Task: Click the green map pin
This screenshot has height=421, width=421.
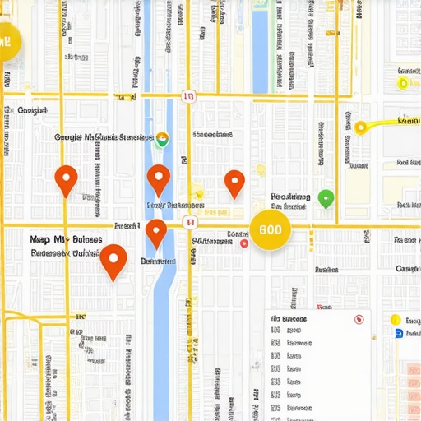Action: pyautogui.click(x=326, y=197)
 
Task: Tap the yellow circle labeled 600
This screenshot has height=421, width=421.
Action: pyautogui.click(x=271, y=229)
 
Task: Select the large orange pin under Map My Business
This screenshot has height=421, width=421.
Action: pyautogui.click(x=113, y=261)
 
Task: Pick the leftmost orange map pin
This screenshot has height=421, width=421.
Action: pyautogui.click(x=66, y=179)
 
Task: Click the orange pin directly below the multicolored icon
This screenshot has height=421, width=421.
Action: pyautogui.click(x=159, y=178)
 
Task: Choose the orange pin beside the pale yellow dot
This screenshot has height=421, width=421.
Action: pyautogui.click(x=235, y=183)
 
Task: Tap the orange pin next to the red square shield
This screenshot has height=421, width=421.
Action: pyautogui.click(x=156, y=233)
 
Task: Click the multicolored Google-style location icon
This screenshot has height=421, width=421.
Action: pyautogui.click(x=162, y=139)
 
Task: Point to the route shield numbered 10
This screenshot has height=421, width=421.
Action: pyautogui.click(x=189, y=96)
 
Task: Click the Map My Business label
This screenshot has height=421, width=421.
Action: pyautogui.click(x=66, y=239)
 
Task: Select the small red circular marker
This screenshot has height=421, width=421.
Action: pyautogui.click(x=244, y=243)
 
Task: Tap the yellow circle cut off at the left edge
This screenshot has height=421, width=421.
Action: pyautogui.click(x=7, y=41)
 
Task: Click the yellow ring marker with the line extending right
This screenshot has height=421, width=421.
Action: pyautogui.click(x=360, y=127)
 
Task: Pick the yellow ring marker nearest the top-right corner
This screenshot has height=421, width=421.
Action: pyautogui.click(x=403, y=83)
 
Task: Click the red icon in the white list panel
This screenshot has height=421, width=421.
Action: pyautogui.click(x=358, y=319)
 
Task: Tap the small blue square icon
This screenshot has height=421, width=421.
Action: pyautogui.click(x=399, y=333)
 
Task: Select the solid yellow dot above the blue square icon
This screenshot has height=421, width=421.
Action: pyautogui.click(x=395, y=320)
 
